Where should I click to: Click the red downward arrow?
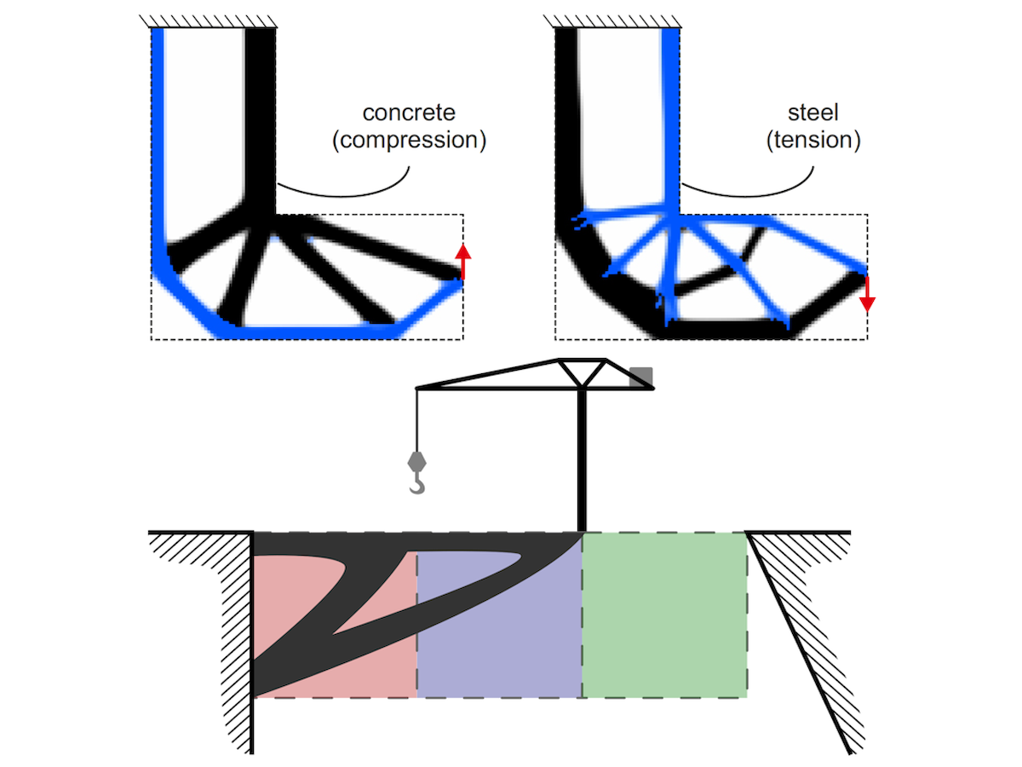point(866,293)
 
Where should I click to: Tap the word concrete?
point(409,112)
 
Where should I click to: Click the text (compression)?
point(409,140)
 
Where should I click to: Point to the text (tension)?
point(813,140)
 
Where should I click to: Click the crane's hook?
point(416,485)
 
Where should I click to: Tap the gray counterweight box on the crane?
point(641,377)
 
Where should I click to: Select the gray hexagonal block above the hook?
point(416,460)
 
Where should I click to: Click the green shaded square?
point(664,614)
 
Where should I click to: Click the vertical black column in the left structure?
point(261,111)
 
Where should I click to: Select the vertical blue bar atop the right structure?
point(670,111)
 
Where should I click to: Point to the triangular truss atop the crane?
point(582,372)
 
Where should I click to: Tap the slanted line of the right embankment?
point(801,648)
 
